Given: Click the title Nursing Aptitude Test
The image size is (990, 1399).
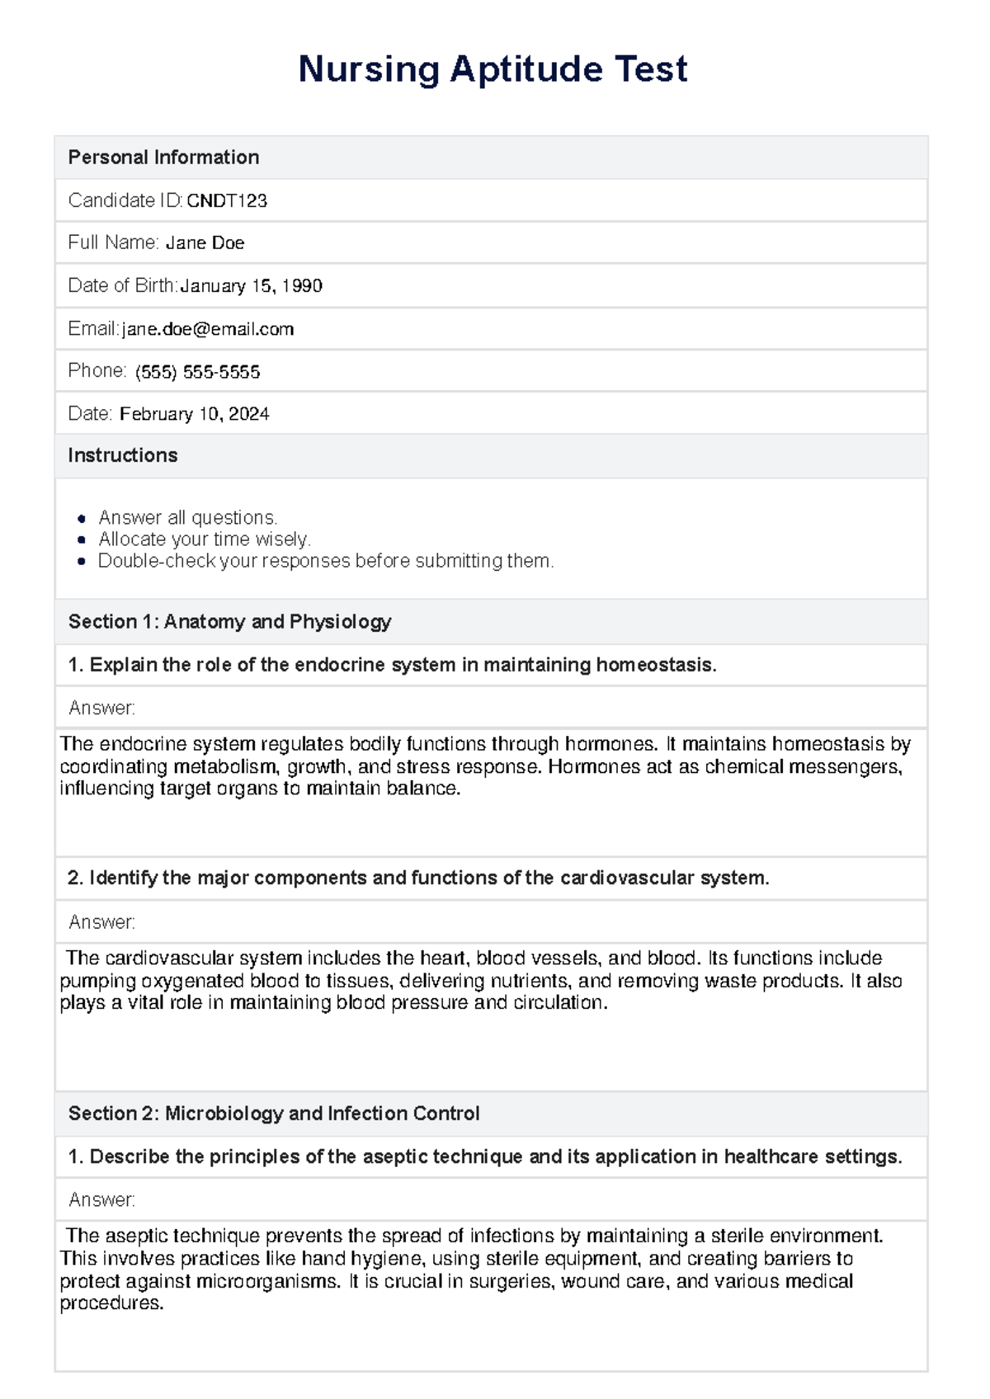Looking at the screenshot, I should [x=493, y=69].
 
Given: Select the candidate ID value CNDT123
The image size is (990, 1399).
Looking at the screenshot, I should [x=227, y=201].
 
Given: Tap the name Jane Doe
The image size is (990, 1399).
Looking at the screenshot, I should [x=205, y=243].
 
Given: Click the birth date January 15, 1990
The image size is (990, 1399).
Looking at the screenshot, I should [x=251, y=286].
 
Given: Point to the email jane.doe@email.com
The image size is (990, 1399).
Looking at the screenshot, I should [x=208, y=329].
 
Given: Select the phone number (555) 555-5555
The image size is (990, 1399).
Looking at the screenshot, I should [x=197, y=372].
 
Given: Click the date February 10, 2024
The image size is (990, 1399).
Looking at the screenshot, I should [x=194, y=414].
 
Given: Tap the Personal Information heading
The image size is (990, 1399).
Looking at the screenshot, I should [x=163, y=158].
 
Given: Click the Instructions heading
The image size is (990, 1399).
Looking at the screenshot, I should [x=122, y=455].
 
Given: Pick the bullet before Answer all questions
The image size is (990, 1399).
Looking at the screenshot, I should [x=81, y=519].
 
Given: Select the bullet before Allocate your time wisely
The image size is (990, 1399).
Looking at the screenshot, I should [x=81, y=540].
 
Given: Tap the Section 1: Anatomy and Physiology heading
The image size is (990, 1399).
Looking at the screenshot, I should [x=229, y=622].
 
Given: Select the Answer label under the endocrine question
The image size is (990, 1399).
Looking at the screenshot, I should [x=101, y=709].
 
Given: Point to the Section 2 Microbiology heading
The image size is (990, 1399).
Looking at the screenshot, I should [x=273, y=1114].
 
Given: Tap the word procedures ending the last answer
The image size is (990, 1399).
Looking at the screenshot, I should [x=111, y=1303].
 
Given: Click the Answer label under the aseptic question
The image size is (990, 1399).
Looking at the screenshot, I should [x=101, y=1200].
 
